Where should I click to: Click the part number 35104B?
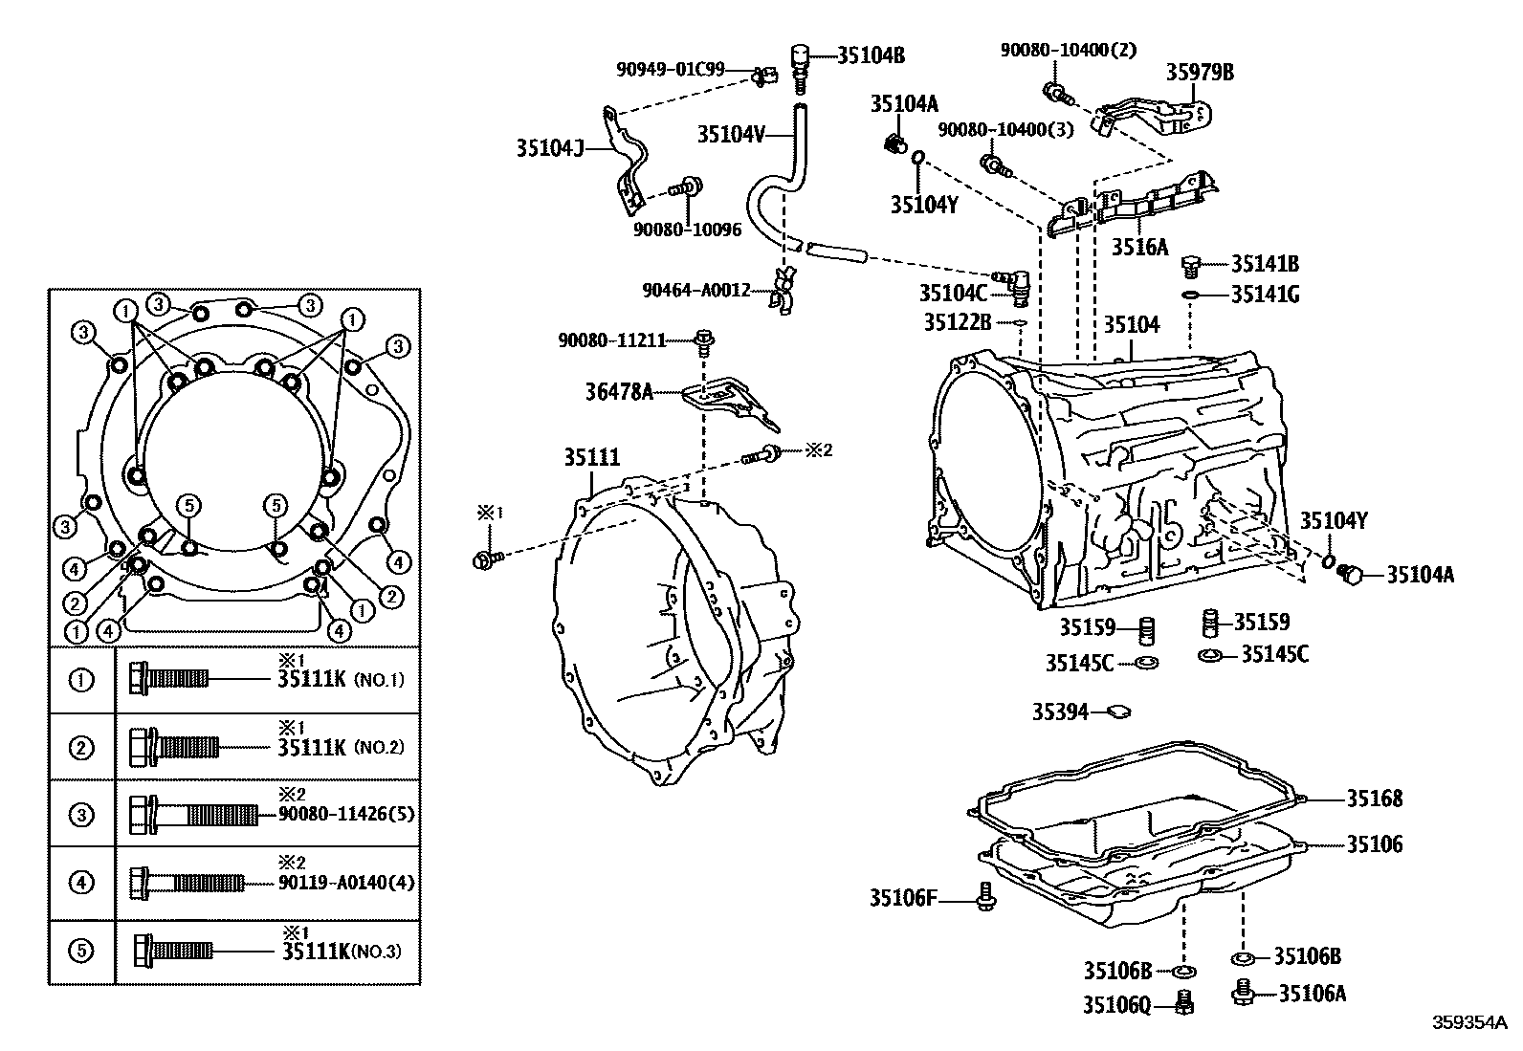(x=871, y=55)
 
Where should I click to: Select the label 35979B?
(x=1200, y=72)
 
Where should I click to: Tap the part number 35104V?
(x=731, y=135)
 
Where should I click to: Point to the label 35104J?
(x=550, y=147)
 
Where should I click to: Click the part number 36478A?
(x=619, y=391)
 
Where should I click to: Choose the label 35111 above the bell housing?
(x=592, y=457)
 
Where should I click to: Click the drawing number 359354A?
(x=1469, y=1022)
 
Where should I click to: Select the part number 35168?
(x=1375, y=799)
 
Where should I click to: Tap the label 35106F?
(x=903, y=898)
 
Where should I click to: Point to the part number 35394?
(x=1061, y=712)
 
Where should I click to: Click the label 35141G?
(x=1266, y=295)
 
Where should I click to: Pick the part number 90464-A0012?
(x=696, y=291)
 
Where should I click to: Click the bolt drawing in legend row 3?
(x=194, y=815)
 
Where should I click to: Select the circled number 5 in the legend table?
(x=81, y=951)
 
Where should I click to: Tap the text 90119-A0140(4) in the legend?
(x=346, y=883)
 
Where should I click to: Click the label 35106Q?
(x=1117, y=1005)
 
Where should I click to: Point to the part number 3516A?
(x=1139, y=247)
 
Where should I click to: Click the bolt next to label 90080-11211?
(x=704, y=342)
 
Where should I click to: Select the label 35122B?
(x=958, y=321)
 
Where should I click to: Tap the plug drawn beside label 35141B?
(x=1190, y=267)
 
